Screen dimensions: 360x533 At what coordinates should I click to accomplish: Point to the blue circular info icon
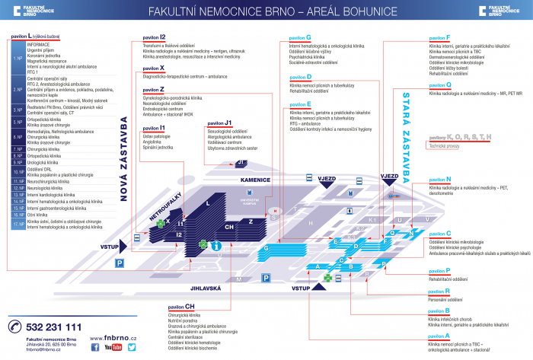point(218,246)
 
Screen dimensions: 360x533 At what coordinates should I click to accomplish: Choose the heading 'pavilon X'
point(154,68)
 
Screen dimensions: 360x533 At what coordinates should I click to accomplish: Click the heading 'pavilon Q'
point(440,84)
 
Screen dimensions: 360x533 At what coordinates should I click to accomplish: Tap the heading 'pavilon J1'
point(219,122)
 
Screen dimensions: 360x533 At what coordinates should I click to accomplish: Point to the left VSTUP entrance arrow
point(115,247)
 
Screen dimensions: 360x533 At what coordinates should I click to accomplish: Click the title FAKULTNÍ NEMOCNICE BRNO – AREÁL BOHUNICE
point(266,11)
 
